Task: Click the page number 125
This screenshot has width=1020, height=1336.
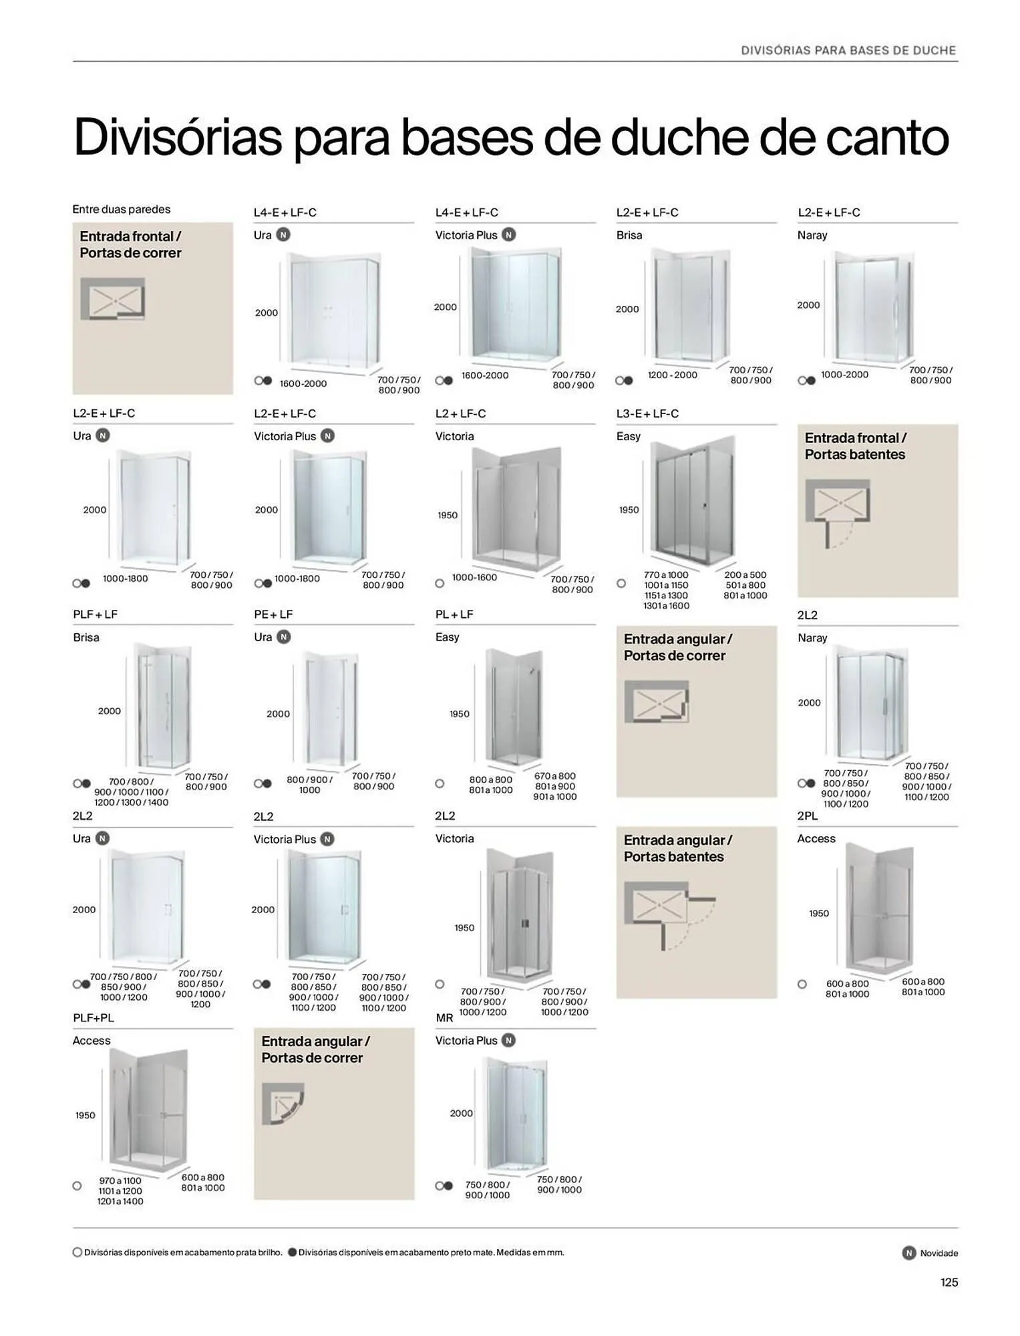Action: (949, 1282)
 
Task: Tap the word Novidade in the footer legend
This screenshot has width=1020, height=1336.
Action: (939, 1253)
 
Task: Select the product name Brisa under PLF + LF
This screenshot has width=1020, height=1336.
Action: (86, 637)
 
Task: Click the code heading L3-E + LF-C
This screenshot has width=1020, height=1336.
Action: (647, 413)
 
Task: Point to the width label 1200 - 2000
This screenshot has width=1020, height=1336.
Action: (672, 375)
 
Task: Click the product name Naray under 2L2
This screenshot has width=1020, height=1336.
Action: (812, 638)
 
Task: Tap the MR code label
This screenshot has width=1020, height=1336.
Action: (444, 1018)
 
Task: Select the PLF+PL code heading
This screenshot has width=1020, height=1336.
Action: (94, 1018)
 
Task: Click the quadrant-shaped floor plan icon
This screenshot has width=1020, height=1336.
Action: (283, 1104)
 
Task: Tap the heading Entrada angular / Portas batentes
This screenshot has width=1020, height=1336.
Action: (677, 848)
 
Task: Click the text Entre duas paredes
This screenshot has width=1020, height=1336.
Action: (121, 209)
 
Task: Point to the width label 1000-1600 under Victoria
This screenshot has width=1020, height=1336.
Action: (474, 577)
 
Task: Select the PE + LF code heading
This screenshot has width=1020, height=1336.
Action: (273, 614)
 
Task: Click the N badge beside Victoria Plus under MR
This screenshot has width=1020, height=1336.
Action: (508, 1040)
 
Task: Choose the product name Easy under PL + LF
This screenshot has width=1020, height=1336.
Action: (447, 637)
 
